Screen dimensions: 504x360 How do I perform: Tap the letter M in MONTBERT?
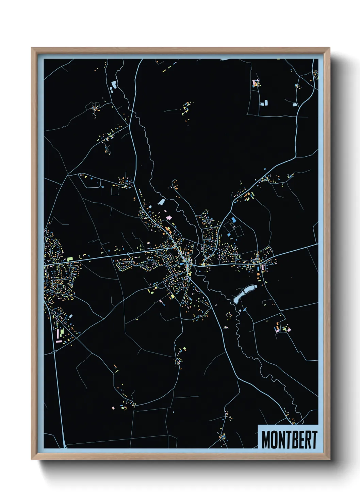(266, 440)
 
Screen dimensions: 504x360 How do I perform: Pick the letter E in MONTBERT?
(301, 440)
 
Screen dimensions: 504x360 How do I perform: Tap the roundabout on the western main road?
(128, 254)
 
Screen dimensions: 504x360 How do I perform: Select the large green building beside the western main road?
(70, 259)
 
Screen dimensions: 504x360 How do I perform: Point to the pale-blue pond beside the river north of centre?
(161, 202)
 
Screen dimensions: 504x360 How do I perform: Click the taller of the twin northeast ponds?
(266, 102)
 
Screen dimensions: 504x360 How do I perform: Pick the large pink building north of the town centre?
(167, 218)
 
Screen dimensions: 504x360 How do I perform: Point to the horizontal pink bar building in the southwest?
(59, 341)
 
